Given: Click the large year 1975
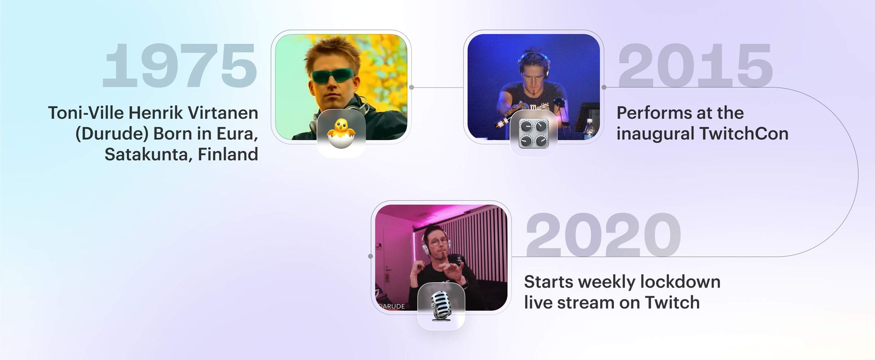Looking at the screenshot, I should pos(179,66).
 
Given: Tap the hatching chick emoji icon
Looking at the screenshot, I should pos(341,133).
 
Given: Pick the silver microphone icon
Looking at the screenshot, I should pos(441,305).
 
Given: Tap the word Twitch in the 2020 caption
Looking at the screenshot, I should pos(672,303).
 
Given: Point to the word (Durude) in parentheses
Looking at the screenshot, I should pos(112,133).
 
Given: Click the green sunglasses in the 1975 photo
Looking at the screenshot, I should pos(333,75).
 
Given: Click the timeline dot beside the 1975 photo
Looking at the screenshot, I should pos(411,87).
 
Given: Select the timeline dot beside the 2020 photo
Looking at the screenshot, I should pos(371,256).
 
